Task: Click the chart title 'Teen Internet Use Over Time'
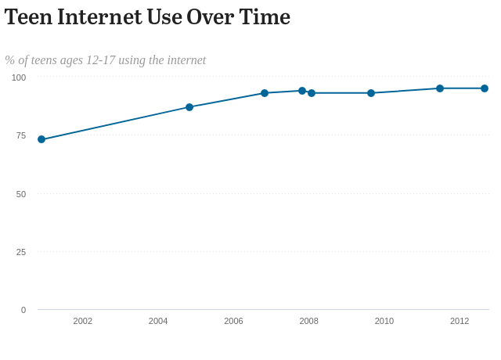147,16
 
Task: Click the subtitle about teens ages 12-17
106,60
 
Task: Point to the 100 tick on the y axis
19,77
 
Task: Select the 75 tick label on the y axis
21,135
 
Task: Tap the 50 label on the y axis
21,194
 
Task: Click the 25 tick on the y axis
21,252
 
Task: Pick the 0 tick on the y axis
23,310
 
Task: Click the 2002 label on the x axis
83,321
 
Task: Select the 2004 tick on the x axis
158,321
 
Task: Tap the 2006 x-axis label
233,321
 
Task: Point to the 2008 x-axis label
308,321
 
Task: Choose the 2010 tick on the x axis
384,321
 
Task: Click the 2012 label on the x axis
460,321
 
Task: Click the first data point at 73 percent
41,139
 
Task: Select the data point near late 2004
189,107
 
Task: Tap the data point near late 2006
265,93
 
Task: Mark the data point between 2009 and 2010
371,93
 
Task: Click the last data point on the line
485,88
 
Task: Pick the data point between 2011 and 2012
440,88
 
